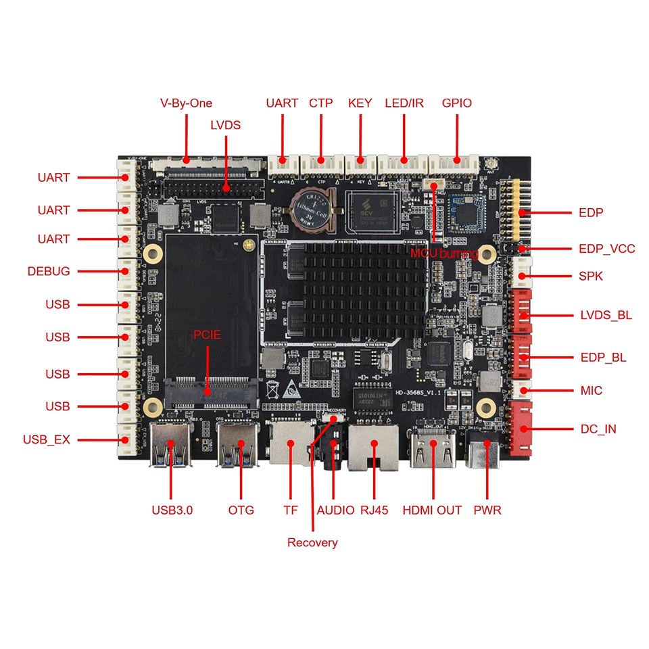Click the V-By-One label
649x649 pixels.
(186, 103)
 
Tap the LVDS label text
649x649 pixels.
(225, 125)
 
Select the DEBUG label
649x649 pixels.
(49, 272)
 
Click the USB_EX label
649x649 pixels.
(46, 440)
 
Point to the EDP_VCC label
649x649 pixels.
(606, 249)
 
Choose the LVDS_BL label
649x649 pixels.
(606, 315)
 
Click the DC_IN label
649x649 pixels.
(598, 429)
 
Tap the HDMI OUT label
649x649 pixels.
(432, 510)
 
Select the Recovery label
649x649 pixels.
(312, 543)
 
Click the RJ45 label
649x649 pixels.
(374, 510)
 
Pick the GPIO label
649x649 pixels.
(456, 103)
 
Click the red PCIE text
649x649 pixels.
(207, 335)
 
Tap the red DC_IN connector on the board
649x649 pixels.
(520, 428)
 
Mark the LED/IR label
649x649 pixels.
(404, 103)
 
